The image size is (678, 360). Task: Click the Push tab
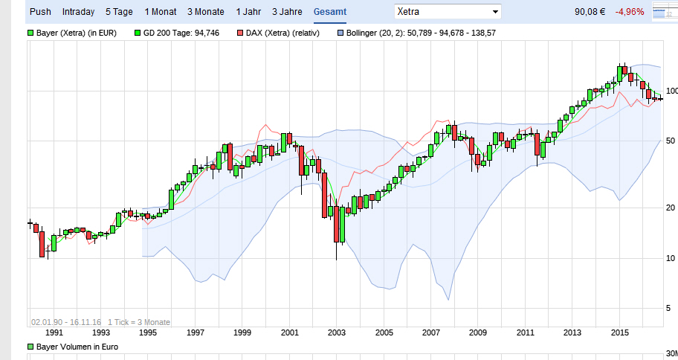coord(40,12)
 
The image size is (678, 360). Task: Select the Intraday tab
coord(78,12)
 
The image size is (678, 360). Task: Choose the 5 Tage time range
coord(120,12)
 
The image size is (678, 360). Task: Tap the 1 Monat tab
coord(161,12)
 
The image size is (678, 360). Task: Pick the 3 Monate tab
coord(206,12)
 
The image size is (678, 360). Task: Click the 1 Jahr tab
coord(248,12)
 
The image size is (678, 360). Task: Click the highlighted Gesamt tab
coord(329,12)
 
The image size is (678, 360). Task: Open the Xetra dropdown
coord(447,12)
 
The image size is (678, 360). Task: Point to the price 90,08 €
coord(593,12)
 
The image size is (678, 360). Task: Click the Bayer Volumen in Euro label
coord(77,347)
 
